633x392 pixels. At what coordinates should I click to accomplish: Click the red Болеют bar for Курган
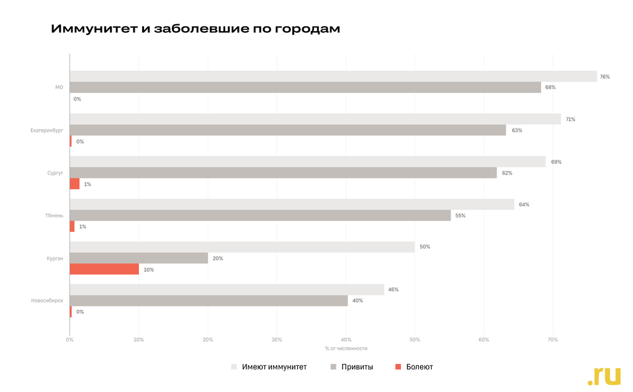(x=104, y=269)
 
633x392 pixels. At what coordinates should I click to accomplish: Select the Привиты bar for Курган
(x=139, y=258)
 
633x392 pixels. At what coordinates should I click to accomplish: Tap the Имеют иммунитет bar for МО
(x=333, y=76)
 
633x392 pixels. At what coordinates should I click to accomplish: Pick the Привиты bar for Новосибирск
(x=209, y=301)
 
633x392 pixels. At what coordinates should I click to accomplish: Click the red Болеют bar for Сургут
(x=74, y=184)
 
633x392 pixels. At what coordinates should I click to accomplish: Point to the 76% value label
(x=604, y=76)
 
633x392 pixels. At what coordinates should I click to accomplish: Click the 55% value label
(x=460, y=216)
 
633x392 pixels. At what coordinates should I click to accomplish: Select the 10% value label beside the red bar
(x=149, y=270)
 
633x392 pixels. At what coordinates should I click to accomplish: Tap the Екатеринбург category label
(x=47, y=130)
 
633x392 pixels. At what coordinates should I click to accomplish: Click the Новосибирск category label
(x=47, y=301)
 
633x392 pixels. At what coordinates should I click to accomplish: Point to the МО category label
(x=59, y=88)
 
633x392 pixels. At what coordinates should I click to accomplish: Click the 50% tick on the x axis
(x=415, y=340)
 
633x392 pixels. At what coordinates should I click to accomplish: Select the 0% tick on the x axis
(x=70, y=340)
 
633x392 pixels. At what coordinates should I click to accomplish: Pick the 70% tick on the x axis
(x=553, y=340)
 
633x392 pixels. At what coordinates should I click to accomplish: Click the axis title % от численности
(x=346, y=349)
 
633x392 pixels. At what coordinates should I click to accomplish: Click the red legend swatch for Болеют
(x=398, y=367)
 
